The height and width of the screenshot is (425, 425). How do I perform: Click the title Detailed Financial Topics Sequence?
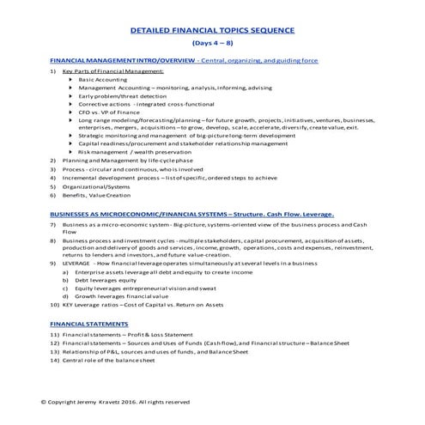coord(211,29)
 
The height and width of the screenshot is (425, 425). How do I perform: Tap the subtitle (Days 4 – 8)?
coord(211,42)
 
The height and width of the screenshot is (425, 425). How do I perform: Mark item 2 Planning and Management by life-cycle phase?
coord(127,160)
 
